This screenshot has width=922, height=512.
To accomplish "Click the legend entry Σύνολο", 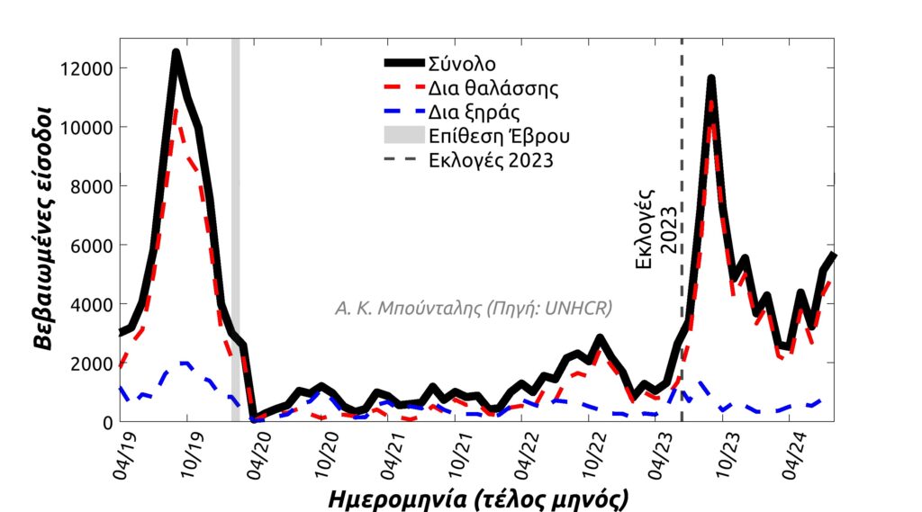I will tap(462, 64).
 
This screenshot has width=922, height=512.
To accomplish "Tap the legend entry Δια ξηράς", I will tap(475, 112).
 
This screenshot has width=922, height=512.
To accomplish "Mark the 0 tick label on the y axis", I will tap(107, 422).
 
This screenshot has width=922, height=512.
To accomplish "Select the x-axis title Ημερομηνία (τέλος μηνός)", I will tap(477, 498).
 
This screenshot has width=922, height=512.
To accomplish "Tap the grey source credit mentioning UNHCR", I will tap(474, 309).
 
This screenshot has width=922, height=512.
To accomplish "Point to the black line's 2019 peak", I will tap(176, 54).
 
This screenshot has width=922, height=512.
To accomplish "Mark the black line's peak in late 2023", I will tap(711, 80).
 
